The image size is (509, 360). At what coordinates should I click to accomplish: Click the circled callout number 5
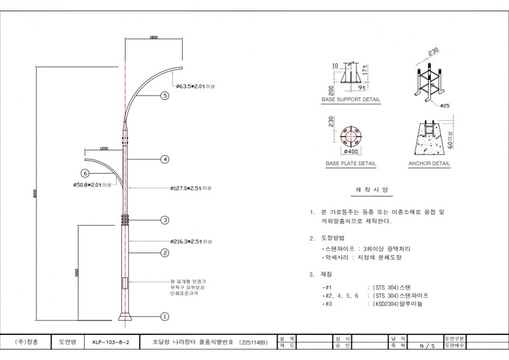click(165, 96)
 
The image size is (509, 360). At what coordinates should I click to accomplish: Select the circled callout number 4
click(165, 160)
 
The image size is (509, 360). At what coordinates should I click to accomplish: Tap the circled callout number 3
click(165, 220)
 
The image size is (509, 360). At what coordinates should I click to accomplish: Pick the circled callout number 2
click(165, 252)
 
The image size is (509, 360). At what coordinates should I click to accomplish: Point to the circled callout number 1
click(165, 317)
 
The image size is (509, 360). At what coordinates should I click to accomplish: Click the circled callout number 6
click(85, 172)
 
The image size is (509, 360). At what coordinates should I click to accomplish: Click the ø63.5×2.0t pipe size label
click(194, 86)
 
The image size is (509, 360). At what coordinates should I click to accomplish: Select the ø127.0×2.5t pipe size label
click(190, 188)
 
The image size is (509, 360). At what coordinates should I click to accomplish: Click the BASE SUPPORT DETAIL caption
click(351, 99)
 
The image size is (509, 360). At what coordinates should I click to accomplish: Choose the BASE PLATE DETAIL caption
click(351, 164)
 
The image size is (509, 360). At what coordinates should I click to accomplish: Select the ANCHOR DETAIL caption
click(430, 164)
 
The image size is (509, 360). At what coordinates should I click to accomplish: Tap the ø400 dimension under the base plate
click(351, 151)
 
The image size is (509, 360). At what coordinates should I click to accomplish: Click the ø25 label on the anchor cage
click(444, 105)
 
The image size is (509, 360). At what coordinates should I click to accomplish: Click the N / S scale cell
click(427, 346)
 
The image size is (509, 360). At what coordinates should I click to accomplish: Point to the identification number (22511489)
click(253, 343)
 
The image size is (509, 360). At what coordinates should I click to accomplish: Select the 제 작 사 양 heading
click(367, 189)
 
